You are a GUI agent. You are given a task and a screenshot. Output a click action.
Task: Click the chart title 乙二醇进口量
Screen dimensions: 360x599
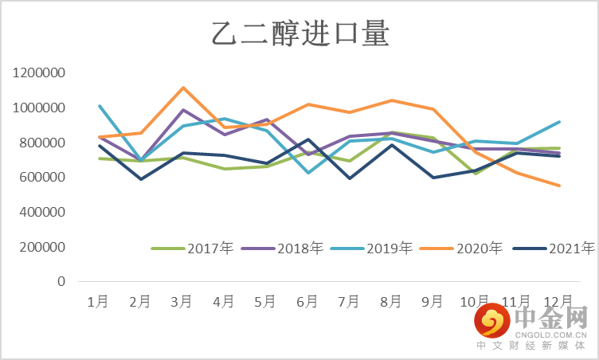[299, 35]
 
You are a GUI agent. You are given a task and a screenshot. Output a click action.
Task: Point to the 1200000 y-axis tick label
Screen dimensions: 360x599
[39, 73]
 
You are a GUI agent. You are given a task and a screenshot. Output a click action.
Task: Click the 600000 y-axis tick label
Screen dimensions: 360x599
[42, 178]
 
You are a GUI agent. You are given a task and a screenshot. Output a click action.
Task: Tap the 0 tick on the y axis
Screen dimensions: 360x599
[61, 282]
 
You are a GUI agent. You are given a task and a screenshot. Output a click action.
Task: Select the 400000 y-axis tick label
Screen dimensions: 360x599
[42, 213]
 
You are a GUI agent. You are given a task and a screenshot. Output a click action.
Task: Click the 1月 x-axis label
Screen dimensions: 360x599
[98, 301]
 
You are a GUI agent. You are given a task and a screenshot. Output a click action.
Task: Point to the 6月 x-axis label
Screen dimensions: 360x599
[306, 301]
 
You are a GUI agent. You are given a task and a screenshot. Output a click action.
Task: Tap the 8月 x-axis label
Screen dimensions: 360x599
[390, 301]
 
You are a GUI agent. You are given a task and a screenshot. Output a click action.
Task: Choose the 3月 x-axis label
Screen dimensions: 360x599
[182, 301]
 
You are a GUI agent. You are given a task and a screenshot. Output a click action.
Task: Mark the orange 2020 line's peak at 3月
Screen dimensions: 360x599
[182, 88]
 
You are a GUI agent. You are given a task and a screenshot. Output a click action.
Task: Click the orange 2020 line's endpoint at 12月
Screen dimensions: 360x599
[560, 186]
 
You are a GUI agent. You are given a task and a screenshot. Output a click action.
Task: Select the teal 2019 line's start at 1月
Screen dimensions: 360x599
[99, 106]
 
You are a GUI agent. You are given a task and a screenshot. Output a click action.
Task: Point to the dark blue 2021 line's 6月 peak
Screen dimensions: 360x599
[308, 139]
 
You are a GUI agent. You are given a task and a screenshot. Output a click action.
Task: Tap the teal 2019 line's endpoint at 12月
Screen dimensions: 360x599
[560, 122]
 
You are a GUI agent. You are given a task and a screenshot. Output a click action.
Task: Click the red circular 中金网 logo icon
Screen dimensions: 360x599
[492, 322]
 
